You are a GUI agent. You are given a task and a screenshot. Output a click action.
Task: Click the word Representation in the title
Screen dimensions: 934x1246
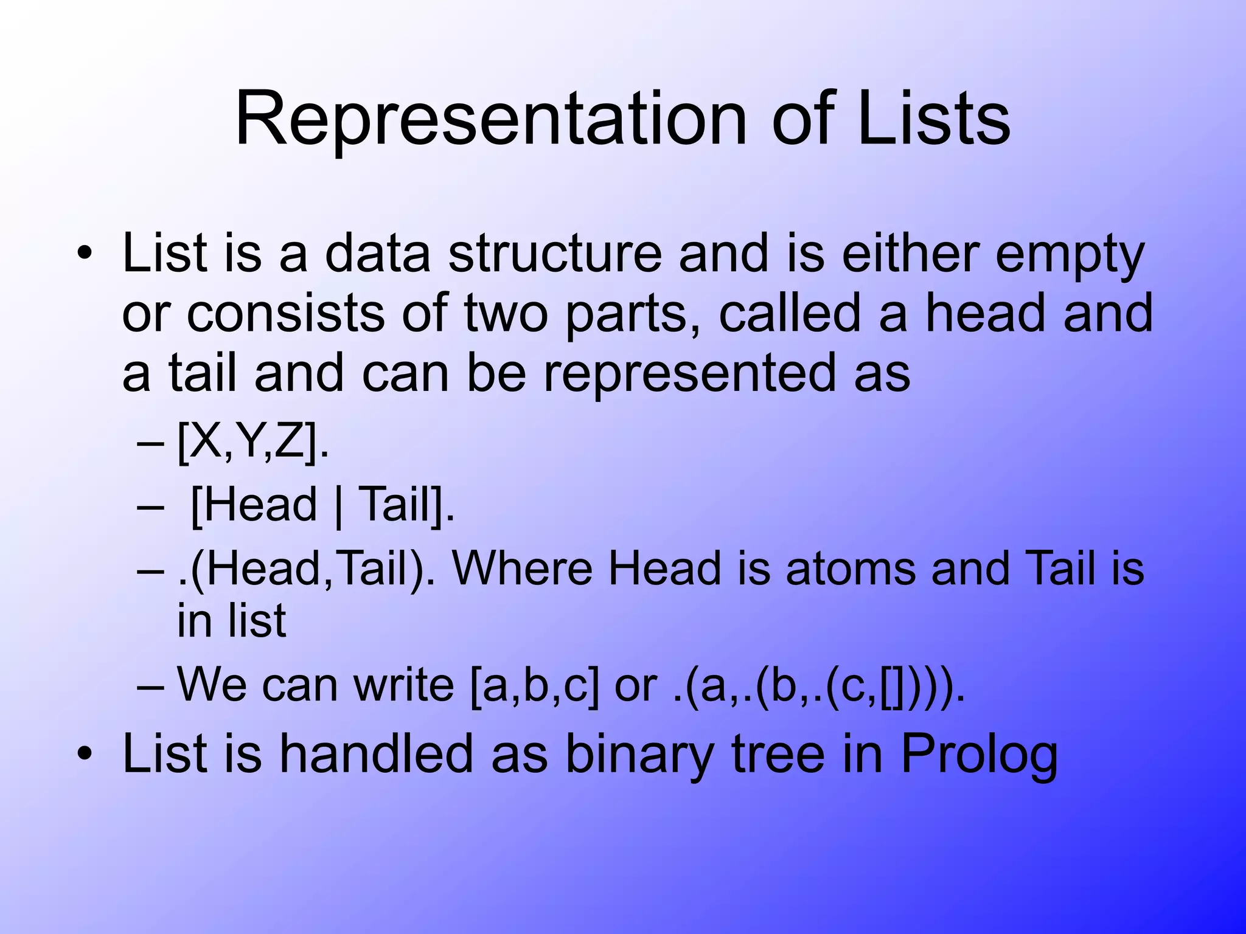pos(490,120)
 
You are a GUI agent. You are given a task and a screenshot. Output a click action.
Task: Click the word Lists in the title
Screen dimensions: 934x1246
pos(933,120)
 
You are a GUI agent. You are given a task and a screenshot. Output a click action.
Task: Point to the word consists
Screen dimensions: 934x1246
pos(285,314)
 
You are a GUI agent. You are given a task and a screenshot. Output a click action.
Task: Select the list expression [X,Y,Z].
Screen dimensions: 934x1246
pos(252,443)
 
